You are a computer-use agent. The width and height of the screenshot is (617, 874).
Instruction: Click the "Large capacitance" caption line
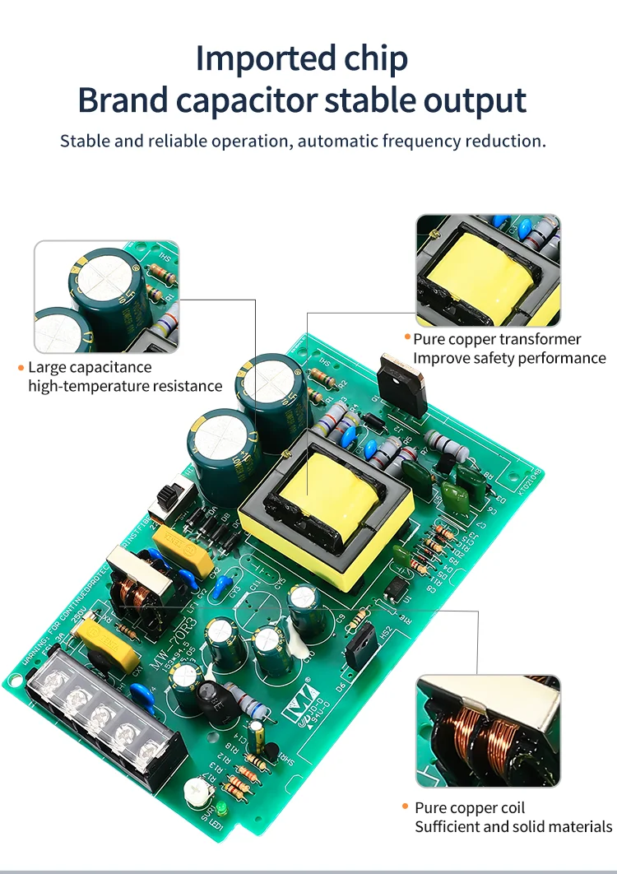(90, 368)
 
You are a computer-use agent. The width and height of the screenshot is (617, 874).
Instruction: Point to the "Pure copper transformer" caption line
(497, 339)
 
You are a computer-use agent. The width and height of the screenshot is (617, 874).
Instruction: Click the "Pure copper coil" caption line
(469, 808)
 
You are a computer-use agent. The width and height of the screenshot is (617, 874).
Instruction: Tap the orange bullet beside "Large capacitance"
(21, 368)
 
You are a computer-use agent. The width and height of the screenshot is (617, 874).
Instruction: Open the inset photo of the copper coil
(488, 731)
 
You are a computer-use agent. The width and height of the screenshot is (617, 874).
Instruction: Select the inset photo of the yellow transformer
(488, 271)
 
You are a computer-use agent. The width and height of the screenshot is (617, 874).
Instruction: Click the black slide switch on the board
(169, 499)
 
